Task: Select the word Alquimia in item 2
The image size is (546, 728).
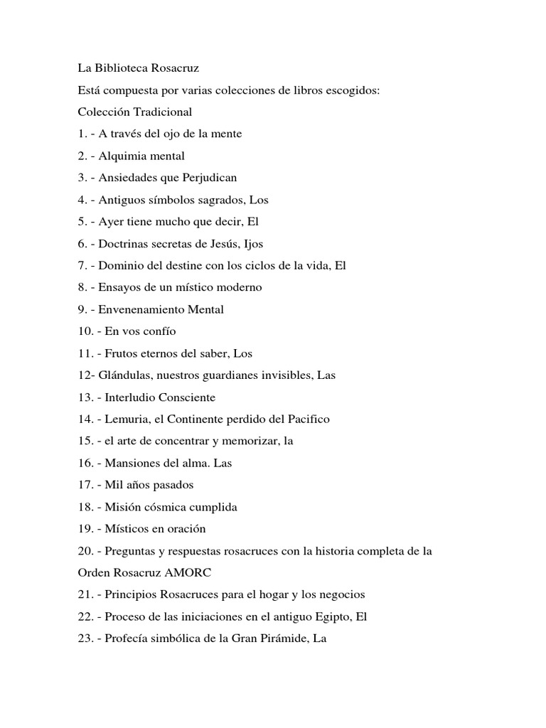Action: coord(128,156)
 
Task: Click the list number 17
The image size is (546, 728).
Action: coord(85,485)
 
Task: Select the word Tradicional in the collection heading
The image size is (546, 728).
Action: coord(164,112)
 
